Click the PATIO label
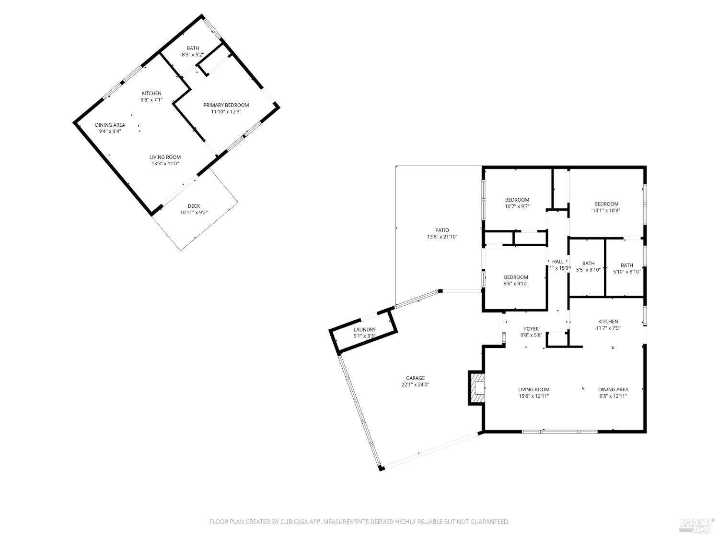[x=442, y=230]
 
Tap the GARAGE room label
[x=413, y=378]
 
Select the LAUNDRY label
[x=364, y=329]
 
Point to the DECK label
[x=194, y=206]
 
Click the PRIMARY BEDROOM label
[x=226, y=105]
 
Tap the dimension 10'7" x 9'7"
[x=517, y=206]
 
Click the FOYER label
[x=531, y=329]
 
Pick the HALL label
[x=557, y=262]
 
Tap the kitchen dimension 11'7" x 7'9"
[x=607, y=328]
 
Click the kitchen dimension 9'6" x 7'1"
[x=151, y=100]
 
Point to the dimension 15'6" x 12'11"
[x=533, y=396]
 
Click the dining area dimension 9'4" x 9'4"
[x=110, y=131]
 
